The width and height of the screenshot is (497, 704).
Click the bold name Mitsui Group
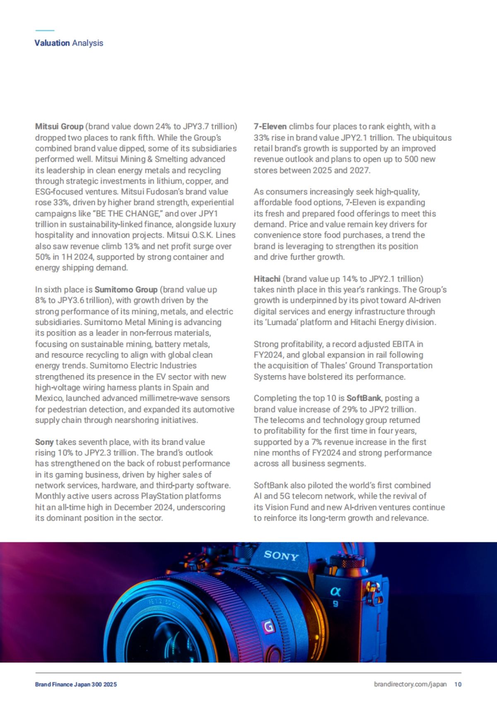coord(59,126)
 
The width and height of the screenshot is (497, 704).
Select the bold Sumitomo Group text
coord(126,289)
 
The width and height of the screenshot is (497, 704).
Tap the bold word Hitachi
coord(267,279)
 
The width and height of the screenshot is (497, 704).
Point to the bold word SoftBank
coord(363,398)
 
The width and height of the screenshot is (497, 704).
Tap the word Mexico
coord(49,398)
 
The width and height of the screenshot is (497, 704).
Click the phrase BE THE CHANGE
coord(128,214)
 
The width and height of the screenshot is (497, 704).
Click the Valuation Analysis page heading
coord(69,43)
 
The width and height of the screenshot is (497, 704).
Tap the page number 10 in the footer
coord(458,684)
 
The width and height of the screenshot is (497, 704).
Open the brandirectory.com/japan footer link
coord(410,684)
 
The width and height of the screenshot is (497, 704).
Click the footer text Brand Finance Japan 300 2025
coord(76,684)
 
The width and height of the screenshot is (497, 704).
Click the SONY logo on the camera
coord(281,555)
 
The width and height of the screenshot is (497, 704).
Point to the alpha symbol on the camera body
coord(335,592)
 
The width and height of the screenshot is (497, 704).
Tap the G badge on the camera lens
coord(269,626)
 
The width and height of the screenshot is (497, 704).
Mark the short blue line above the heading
coord(45,30)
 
